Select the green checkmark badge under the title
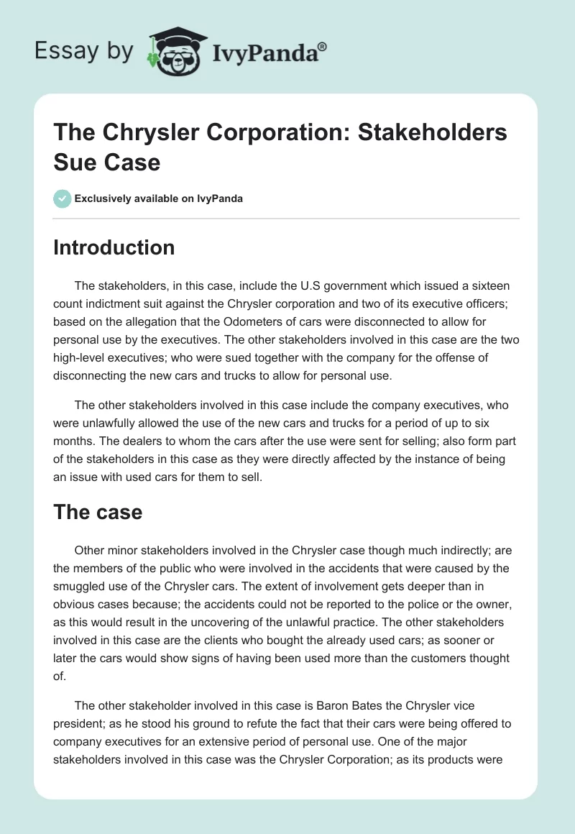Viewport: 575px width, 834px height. click(x=63, y=198)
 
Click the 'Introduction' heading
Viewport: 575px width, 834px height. click(x=114, y=247)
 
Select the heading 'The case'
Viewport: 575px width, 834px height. click(x=98, y=512)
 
